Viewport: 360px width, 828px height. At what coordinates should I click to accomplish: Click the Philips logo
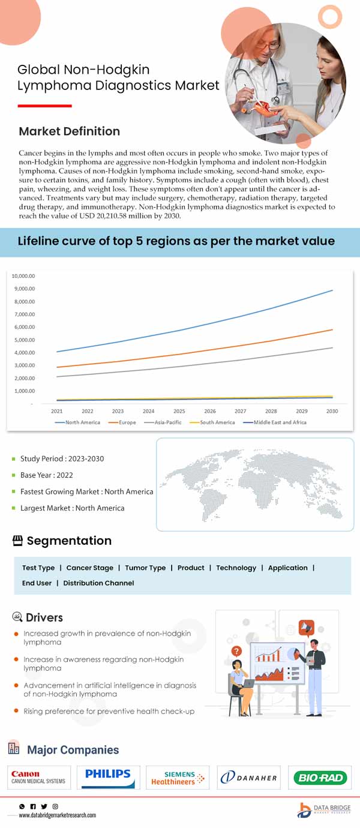tap(107, 777)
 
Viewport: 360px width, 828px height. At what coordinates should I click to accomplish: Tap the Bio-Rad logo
tap(319, 778)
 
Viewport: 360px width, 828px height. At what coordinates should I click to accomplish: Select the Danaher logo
tap(248, 778)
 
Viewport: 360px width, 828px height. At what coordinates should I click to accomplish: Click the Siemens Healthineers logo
tap(178, 778)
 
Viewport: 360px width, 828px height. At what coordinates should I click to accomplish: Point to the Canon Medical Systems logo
tap(39, 778)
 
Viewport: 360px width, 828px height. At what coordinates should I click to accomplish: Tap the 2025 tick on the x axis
tap(179, 411)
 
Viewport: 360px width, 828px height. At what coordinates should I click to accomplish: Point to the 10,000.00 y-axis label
tap(23, 276)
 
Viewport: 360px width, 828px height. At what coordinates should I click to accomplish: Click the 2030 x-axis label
tap(332, 411)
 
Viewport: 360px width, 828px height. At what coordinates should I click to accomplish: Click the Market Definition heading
tap(69, 131)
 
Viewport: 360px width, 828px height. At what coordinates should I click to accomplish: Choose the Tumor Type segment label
tap(145, 568)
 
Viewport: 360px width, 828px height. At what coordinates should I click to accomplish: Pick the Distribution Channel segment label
tap(98, 583)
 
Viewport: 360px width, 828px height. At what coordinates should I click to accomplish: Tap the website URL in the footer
tap(58, 815)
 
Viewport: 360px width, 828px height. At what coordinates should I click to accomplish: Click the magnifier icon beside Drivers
tap(18, 617)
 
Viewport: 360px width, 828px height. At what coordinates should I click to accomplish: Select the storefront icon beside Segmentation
tap(18, 541)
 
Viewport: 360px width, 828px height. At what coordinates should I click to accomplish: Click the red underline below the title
tap(44, 106)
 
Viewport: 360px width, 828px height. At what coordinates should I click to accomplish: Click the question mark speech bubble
tap(237, 650)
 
